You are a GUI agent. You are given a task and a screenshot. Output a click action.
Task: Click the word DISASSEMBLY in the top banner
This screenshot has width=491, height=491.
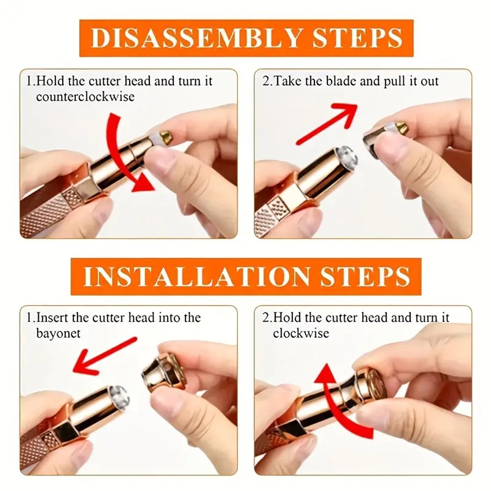coord(196,38)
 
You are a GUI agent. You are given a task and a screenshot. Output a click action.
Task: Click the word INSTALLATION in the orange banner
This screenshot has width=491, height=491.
coord(196,277)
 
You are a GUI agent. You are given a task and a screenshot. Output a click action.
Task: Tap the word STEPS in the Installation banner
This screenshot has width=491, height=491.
coord(365,277)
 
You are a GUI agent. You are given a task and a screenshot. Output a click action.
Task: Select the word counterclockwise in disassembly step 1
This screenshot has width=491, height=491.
coord(85,97)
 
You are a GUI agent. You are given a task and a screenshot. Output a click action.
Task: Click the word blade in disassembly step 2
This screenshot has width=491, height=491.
coord(341,81)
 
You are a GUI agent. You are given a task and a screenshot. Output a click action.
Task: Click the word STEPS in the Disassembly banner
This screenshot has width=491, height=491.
coord(357,38)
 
